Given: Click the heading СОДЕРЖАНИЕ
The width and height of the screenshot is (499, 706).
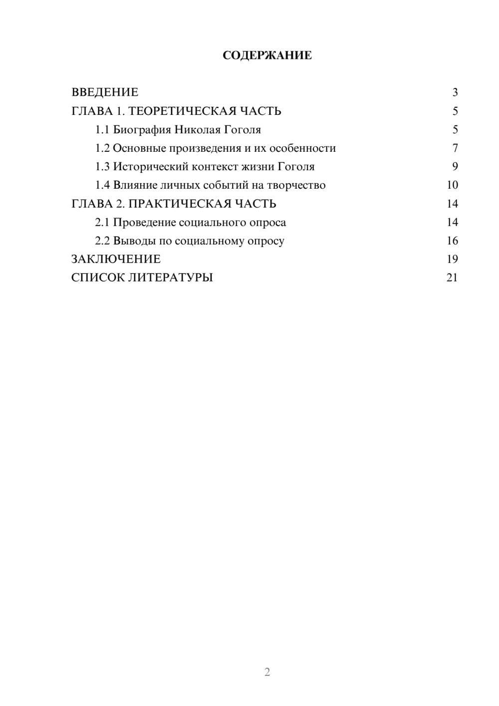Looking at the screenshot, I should point(267,55).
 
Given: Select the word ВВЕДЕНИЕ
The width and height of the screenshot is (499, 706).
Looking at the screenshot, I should point(105,92).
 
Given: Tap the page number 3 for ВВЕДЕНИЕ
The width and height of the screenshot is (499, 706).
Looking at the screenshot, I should point(455,92).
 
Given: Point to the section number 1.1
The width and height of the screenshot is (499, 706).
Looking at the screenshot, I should point(102,130).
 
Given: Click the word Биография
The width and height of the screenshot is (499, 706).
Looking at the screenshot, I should point(142,130).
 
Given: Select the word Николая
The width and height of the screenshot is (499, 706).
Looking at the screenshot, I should point(197,130).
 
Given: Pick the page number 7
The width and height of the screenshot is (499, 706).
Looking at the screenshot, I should point(455,148).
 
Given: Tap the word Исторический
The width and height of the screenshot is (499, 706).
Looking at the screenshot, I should point(151,167).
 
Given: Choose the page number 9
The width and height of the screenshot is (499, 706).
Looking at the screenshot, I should point(455,167).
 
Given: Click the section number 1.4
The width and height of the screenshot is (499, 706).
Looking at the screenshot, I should point(102,185).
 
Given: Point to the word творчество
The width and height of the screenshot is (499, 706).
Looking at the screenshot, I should point(296,185).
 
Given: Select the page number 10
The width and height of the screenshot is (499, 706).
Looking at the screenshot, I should point(452,185).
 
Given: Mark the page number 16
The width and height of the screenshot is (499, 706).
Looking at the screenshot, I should point(452,241).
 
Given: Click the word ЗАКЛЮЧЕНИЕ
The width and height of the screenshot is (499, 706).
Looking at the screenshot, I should point(116,259).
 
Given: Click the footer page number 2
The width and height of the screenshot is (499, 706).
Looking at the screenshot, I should point(267,672).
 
